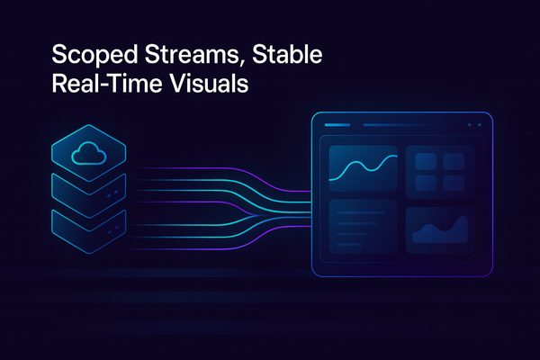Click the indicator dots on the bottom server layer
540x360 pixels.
coord(112,229)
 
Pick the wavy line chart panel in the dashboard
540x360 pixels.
coord(364,167)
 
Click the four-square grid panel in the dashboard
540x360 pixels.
coord(440,167)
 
